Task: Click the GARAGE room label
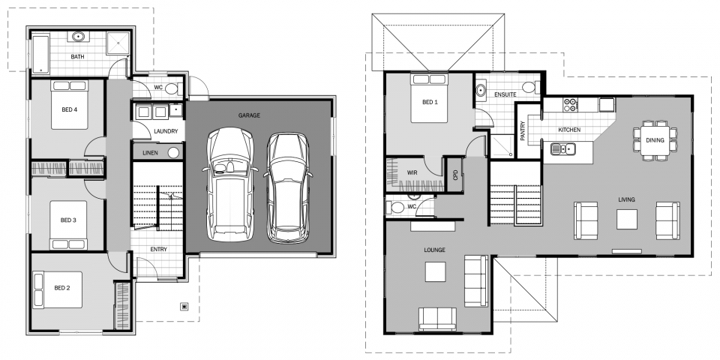click(x=249, y=115)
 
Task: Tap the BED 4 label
click(x=70, y=110)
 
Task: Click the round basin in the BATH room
click(x=78, y=36)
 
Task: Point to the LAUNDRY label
click(x=165, y=131)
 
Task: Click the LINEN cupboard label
click(x=150, y=152)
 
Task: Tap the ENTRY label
click(x=157, y=249)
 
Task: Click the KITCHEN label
click(x=569, y=130)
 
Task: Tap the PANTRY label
click(x=523, y=131)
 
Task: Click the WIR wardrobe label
click(x=412, y=172)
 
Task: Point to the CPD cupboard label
click(x=455, y=174)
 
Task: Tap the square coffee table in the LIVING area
click(x=627, y=219)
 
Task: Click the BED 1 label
click(x=430, y=102)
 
